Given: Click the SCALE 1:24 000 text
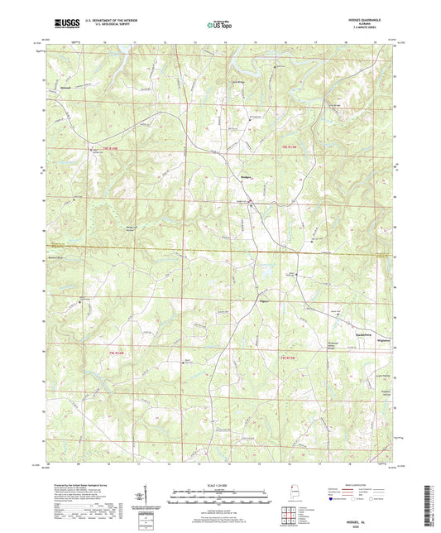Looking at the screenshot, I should pos(220,483).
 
